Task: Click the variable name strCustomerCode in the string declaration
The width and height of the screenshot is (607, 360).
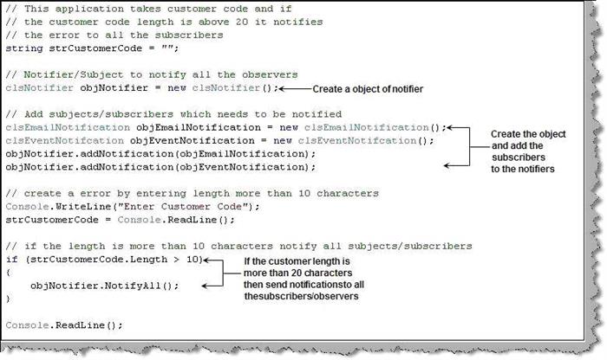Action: point(95,48)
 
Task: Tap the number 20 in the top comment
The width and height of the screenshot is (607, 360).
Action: point(242,22)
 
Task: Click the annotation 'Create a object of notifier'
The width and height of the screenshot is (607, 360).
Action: point(368,89)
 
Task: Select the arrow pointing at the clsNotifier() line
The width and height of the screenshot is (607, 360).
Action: point(296,89)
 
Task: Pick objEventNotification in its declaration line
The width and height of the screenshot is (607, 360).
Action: point(192,141)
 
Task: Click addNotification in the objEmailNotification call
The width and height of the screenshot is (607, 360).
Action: point(127,154)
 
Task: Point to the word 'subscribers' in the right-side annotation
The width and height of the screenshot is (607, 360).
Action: point(519,157)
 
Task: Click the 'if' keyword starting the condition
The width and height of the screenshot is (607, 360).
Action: point(12,260)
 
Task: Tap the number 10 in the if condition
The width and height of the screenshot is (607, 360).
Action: point(193,260)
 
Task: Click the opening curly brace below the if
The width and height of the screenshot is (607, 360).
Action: point(9,273)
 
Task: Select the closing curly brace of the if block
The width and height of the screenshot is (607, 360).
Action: point(9,299)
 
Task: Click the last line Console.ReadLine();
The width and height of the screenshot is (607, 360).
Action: point(64,325)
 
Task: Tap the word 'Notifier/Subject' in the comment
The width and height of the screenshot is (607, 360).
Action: point(74,75)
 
